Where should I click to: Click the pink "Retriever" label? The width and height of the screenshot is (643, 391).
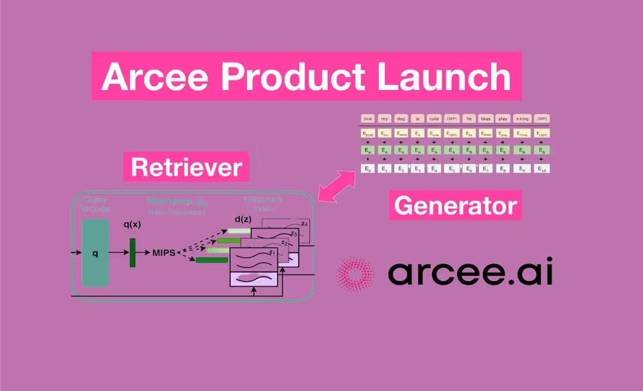[x=186, y=167]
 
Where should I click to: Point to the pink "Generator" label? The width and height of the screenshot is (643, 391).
[x=455, y=206]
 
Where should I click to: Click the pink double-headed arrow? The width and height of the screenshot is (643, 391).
[x=337, y=188]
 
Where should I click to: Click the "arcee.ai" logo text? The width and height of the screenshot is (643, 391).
[x=470, y=273]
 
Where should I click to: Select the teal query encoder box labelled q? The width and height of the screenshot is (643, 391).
[x=95, y=252]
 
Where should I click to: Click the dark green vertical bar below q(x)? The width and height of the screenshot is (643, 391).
[x=132, y=252]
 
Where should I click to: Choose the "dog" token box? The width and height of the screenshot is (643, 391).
[x=401, y=118]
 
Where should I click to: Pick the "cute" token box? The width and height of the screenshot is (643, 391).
[x=435, y=118]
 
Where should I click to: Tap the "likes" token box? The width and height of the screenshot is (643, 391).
[x=485, y=118]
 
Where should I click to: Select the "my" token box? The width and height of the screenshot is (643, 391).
[x=385, y=118]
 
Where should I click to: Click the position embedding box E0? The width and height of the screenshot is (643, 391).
[x=368, y=168]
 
